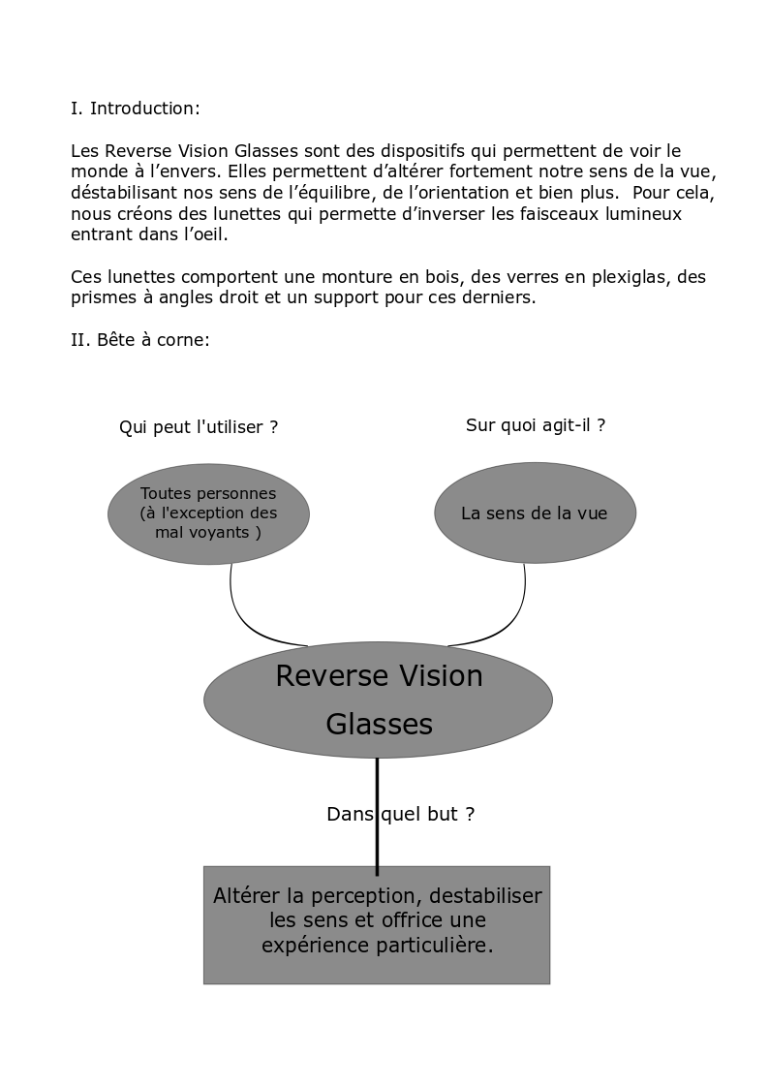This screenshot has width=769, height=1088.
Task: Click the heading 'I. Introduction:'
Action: pyautogui.click(x=135, y=109)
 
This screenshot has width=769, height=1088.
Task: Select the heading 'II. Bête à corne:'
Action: pyautogui.click(x=139, y=340)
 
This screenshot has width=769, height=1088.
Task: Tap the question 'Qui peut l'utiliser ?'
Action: pyautogui.click(x=199, y=427)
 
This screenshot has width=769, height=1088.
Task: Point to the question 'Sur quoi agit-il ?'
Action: pyautogui.click(x=536, y=425)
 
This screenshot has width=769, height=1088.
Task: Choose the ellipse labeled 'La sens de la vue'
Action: pyautogui.click(x=535, y=513)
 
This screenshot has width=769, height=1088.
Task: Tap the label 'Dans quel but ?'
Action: pyautogui.click(x=400, y=815)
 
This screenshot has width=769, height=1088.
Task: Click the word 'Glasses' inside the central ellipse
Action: pyautogui.click(x=379, y=724)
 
